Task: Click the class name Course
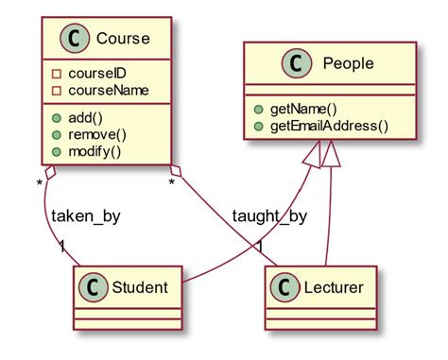coord(124,41)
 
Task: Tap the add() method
coord(85,118)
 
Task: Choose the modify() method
coord(95,151)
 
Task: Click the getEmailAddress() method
coord(329,126)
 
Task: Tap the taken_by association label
coord(86,216)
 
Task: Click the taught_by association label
coord(269,216)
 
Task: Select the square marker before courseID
coord(57,74)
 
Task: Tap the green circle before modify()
coord(57,151)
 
